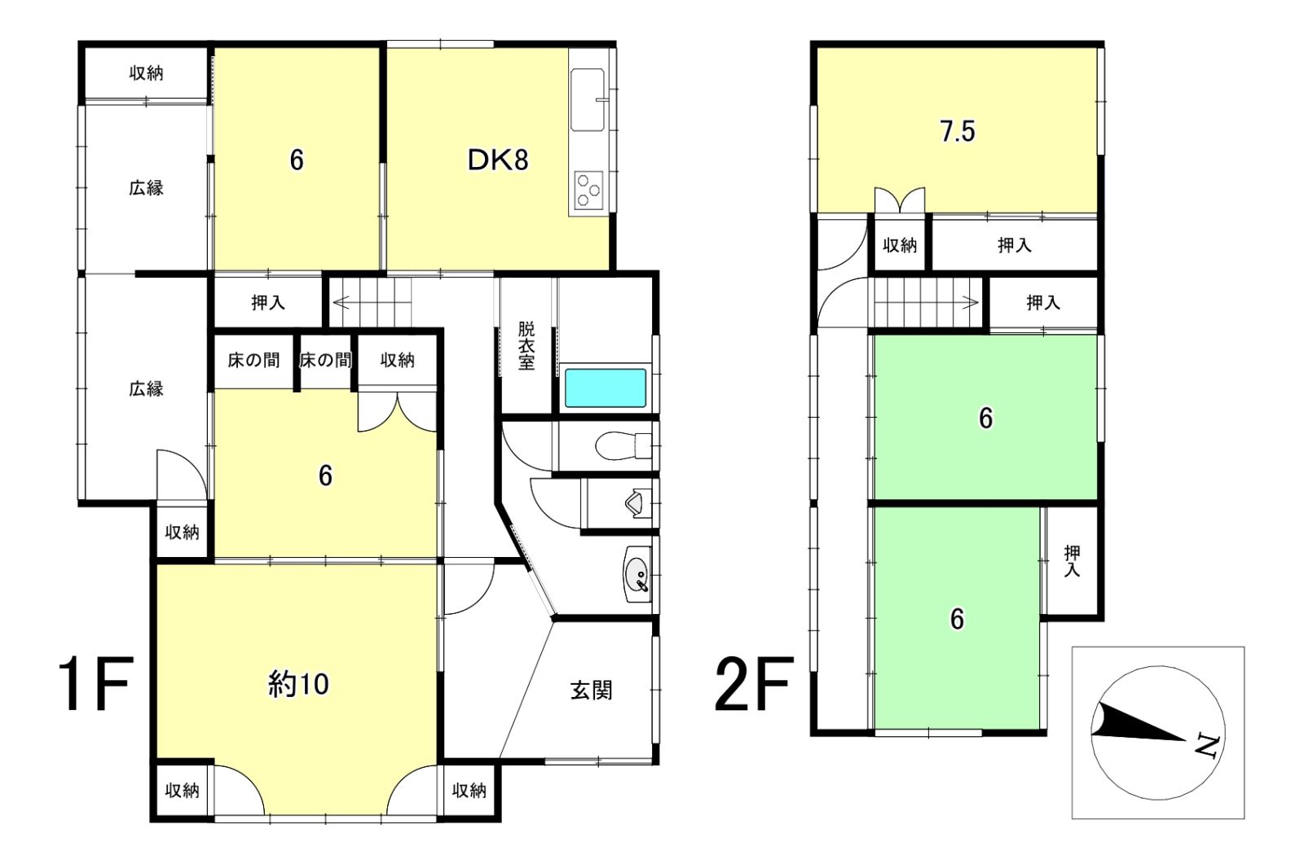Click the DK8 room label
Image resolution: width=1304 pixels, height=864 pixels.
point(498,160)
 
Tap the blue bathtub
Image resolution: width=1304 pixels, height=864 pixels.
point(606,388)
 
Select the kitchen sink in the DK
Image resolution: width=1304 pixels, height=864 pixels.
point(588,100)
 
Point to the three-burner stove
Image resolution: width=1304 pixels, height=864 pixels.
point(588,190)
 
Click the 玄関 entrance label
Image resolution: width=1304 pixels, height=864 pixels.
point(591,691)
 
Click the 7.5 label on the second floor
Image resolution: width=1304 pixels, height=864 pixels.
point(958,131)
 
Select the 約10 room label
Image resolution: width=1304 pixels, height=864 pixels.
point(298,684)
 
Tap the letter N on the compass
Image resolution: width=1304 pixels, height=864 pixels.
point(1207,747)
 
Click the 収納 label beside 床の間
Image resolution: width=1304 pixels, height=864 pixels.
point(398,361)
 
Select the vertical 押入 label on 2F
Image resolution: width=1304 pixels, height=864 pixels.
point(1072,561)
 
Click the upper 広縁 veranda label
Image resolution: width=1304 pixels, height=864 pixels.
point(146,188)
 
